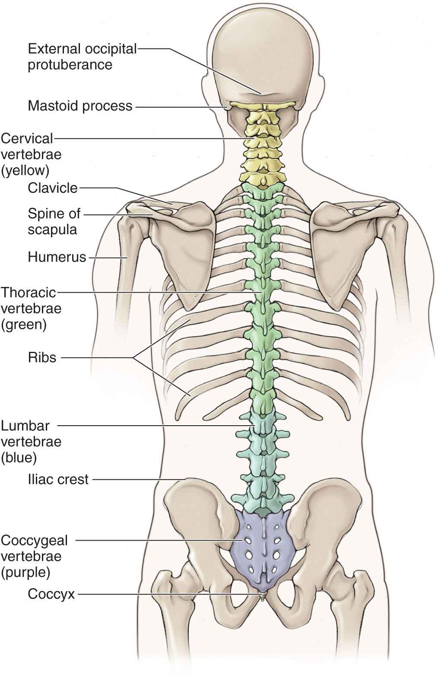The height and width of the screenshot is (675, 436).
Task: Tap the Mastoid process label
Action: [80, 106]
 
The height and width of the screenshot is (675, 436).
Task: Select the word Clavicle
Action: [53, 188]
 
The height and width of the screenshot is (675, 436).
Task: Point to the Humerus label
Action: [57, 258]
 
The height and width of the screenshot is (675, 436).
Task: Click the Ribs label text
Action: [42, 358]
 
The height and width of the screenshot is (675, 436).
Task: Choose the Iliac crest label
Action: [58, 479]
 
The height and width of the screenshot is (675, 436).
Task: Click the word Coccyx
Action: [51, 594]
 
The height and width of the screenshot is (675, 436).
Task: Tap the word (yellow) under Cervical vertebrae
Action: [25, 171]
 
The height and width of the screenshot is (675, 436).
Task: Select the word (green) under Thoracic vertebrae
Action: [24, 325]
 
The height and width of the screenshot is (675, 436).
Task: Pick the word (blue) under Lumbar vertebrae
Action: [19, 457]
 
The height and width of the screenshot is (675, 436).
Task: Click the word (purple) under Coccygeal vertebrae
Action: [26, 573]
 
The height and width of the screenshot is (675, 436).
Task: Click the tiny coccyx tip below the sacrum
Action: [261, 597]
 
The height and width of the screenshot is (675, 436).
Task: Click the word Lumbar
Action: [25, 426]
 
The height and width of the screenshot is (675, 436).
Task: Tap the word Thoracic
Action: [29, 293]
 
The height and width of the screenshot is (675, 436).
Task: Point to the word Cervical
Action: [27, 138]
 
